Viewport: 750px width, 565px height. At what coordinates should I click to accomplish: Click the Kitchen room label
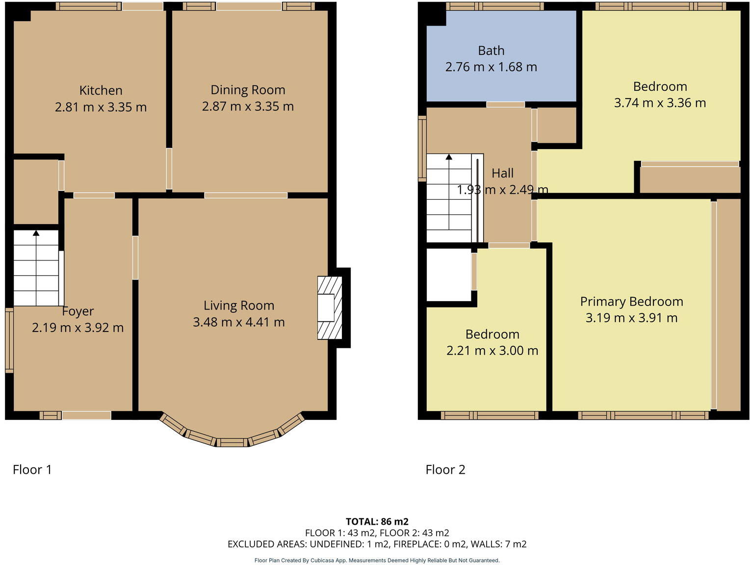pyautogui.click(x=101, y=91)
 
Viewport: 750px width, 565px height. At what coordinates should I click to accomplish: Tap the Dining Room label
pyautogui.click(x=247, y=90)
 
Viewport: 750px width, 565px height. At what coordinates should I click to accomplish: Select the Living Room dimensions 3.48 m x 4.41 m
pyautogui.click(x=238, y=322)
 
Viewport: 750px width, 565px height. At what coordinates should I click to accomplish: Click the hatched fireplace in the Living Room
pyautogui.click(x=330, y=308)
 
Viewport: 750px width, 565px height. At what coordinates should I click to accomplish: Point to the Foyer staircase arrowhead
pyautogui.click(x=36, y=233)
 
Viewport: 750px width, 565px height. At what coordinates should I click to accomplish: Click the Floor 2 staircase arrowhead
pyautogui.click(x=449, y=157)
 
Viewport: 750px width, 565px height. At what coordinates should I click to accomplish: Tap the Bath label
pyautogui.click(x=491, y=51)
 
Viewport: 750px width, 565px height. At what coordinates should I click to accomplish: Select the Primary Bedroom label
pyautogui.click(x=631, y=302)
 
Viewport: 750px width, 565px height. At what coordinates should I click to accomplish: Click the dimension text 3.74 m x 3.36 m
pyautogui.click(x=659, y=103)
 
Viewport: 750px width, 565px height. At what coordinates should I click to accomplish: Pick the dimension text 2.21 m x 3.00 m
pyautogui.click(x=492, y=351)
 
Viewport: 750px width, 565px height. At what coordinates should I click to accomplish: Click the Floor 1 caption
pyautogui.click(x=32, y=470)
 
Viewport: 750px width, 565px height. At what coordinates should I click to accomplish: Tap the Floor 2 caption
pyautogui.click(x=445, y=470)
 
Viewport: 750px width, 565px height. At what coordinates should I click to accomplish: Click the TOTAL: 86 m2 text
pyautogui.click(x=377, y=522)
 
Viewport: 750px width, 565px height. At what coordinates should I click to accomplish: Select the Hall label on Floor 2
pyautogui.click(x=502, y=173)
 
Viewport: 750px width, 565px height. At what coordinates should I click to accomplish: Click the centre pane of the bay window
pyautogui.click(x=232, y=442)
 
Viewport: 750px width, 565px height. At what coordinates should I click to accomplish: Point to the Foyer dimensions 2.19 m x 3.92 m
pyautogui.click(x=78, y=328)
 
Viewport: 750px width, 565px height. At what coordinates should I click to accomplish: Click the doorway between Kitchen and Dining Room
pyautogui.click(x=169, y=168)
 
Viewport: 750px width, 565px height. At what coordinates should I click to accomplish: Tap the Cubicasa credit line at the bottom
pyautogui.click(x=377, y=560)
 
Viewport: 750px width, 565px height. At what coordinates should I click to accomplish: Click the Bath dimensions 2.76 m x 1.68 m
pyautogui.click(x=491, y=67)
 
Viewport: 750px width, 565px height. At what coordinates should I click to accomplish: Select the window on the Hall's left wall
pyautogui.click(x=422, y=148)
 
